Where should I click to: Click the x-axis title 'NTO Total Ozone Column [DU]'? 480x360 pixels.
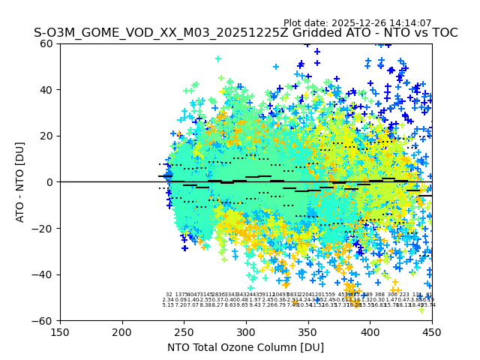246,347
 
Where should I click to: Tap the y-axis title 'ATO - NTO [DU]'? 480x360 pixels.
20,182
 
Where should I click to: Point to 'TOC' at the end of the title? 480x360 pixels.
443,34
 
